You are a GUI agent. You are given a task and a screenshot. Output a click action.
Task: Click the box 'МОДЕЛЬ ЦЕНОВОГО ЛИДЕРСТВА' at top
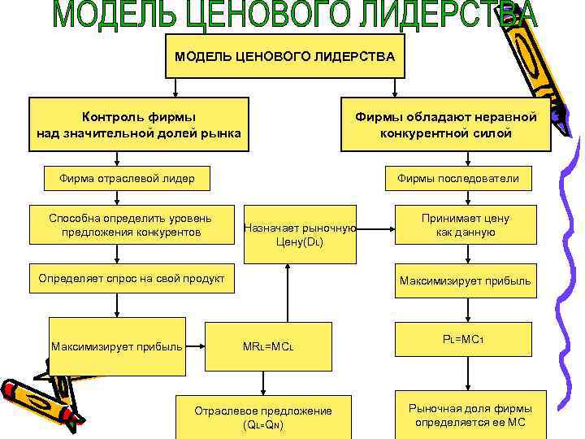(x=285, y=56)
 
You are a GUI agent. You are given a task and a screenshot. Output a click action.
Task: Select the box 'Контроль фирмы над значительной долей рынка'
(x=139, y=124)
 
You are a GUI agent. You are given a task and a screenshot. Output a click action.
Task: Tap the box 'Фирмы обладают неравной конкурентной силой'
(x=446, y=124)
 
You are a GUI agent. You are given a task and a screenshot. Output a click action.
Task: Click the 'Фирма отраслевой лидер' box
(x=127, y=178)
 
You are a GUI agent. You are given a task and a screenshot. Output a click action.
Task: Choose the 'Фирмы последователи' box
(x=457, y=178)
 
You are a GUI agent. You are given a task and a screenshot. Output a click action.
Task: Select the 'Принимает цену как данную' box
(x=465, y=225)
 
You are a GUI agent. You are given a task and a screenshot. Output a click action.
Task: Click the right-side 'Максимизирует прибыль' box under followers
(x=465, y=281)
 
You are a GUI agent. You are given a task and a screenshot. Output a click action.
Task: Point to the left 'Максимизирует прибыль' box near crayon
(x=116, y=347)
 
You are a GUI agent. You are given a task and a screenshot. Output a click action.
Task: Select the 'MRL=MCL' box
(x=268, y=347)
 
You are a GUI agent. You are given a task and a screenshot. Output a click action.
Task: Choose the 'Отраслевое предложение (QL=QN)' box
(x=263, y=417)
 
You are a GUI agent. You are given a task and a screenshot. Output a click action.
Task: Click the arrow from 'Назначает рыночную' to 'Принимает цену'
(x=376, y=228)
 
